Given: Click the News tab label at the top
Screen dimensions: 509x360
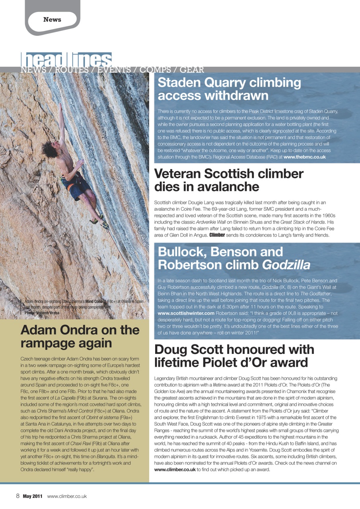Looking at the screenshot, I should pyautogui.click(x=52, y=19).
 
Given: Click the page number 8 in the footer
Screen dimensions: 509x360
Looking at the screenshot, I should pyautogui.click(x=18, y=496).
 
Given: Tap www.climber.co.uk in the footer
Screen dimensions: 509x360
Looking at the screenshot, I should pyautogui.click(x=67, y=496).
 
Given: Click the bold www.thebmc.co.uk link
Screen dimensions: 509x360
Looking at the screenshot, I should pyautogui.click(x=304, y=157).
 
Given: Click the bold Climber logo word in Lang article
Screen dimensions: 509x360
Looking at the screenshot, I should pyautogui.click(x=217, y=235).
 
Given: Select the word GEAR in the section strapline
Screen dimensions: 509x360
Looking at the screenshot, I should pyautogui.click(x=192, y=70).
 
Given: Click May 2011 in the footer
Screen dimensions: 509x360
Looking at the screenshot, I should pyautogui.click(x=32, y=496).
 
